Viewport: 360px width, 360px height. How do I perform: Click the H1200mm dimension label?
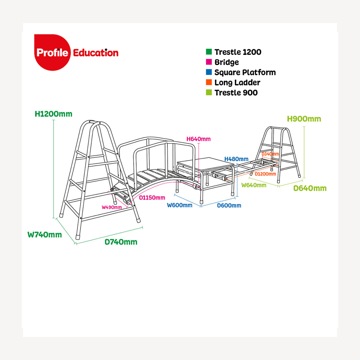tap(53, 114)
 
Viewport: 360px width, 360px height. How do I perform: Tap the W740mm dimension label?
tap(45, 234)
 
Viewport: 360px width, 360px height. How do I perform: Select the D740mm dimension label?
tap(121, 242)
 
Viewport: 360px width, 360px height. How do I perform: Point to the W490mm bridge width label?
tap(112, 207)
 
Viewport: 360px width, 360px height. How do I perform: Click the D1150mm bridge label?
tap(152, 198)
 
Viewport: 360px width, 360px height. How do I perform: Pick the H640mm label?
tap(199, 139)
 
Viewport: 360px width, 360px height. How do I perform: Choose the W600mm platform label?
tap(180, 205)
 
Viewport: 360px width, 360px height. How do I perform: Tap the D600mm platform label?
tap(229, 205)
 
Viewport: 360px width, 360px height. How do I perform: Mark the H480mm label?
tap(237, 159)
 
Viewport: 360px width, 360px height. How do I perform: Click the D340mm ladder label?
tap(270, 154)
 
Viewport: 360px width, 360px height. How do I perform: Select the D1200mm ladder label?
tap(265, 174)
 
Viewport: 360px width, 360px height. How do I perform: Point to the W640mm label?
tap(254, 185)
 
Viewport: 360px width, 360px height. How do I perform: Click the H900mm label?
tap(304, 119)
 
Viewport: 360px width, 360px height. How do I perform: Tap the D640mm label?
tap(310, 188)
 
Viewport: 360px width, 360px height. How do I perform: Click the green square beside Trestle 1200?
tap(209, 52)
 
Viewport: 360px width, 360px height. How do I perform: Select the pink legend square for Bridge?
tap(209, 62)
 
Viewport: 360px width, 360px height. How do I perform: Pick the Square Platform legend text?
tap(245, 72)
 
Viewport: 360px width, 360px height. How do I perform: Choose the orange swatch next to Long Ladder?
tap(209, 82)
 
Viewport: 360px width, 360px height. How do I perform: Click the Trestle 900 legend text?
tap(236, 93)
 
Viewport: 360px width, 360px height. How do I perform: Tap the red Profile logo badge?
tap(52, 52)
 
